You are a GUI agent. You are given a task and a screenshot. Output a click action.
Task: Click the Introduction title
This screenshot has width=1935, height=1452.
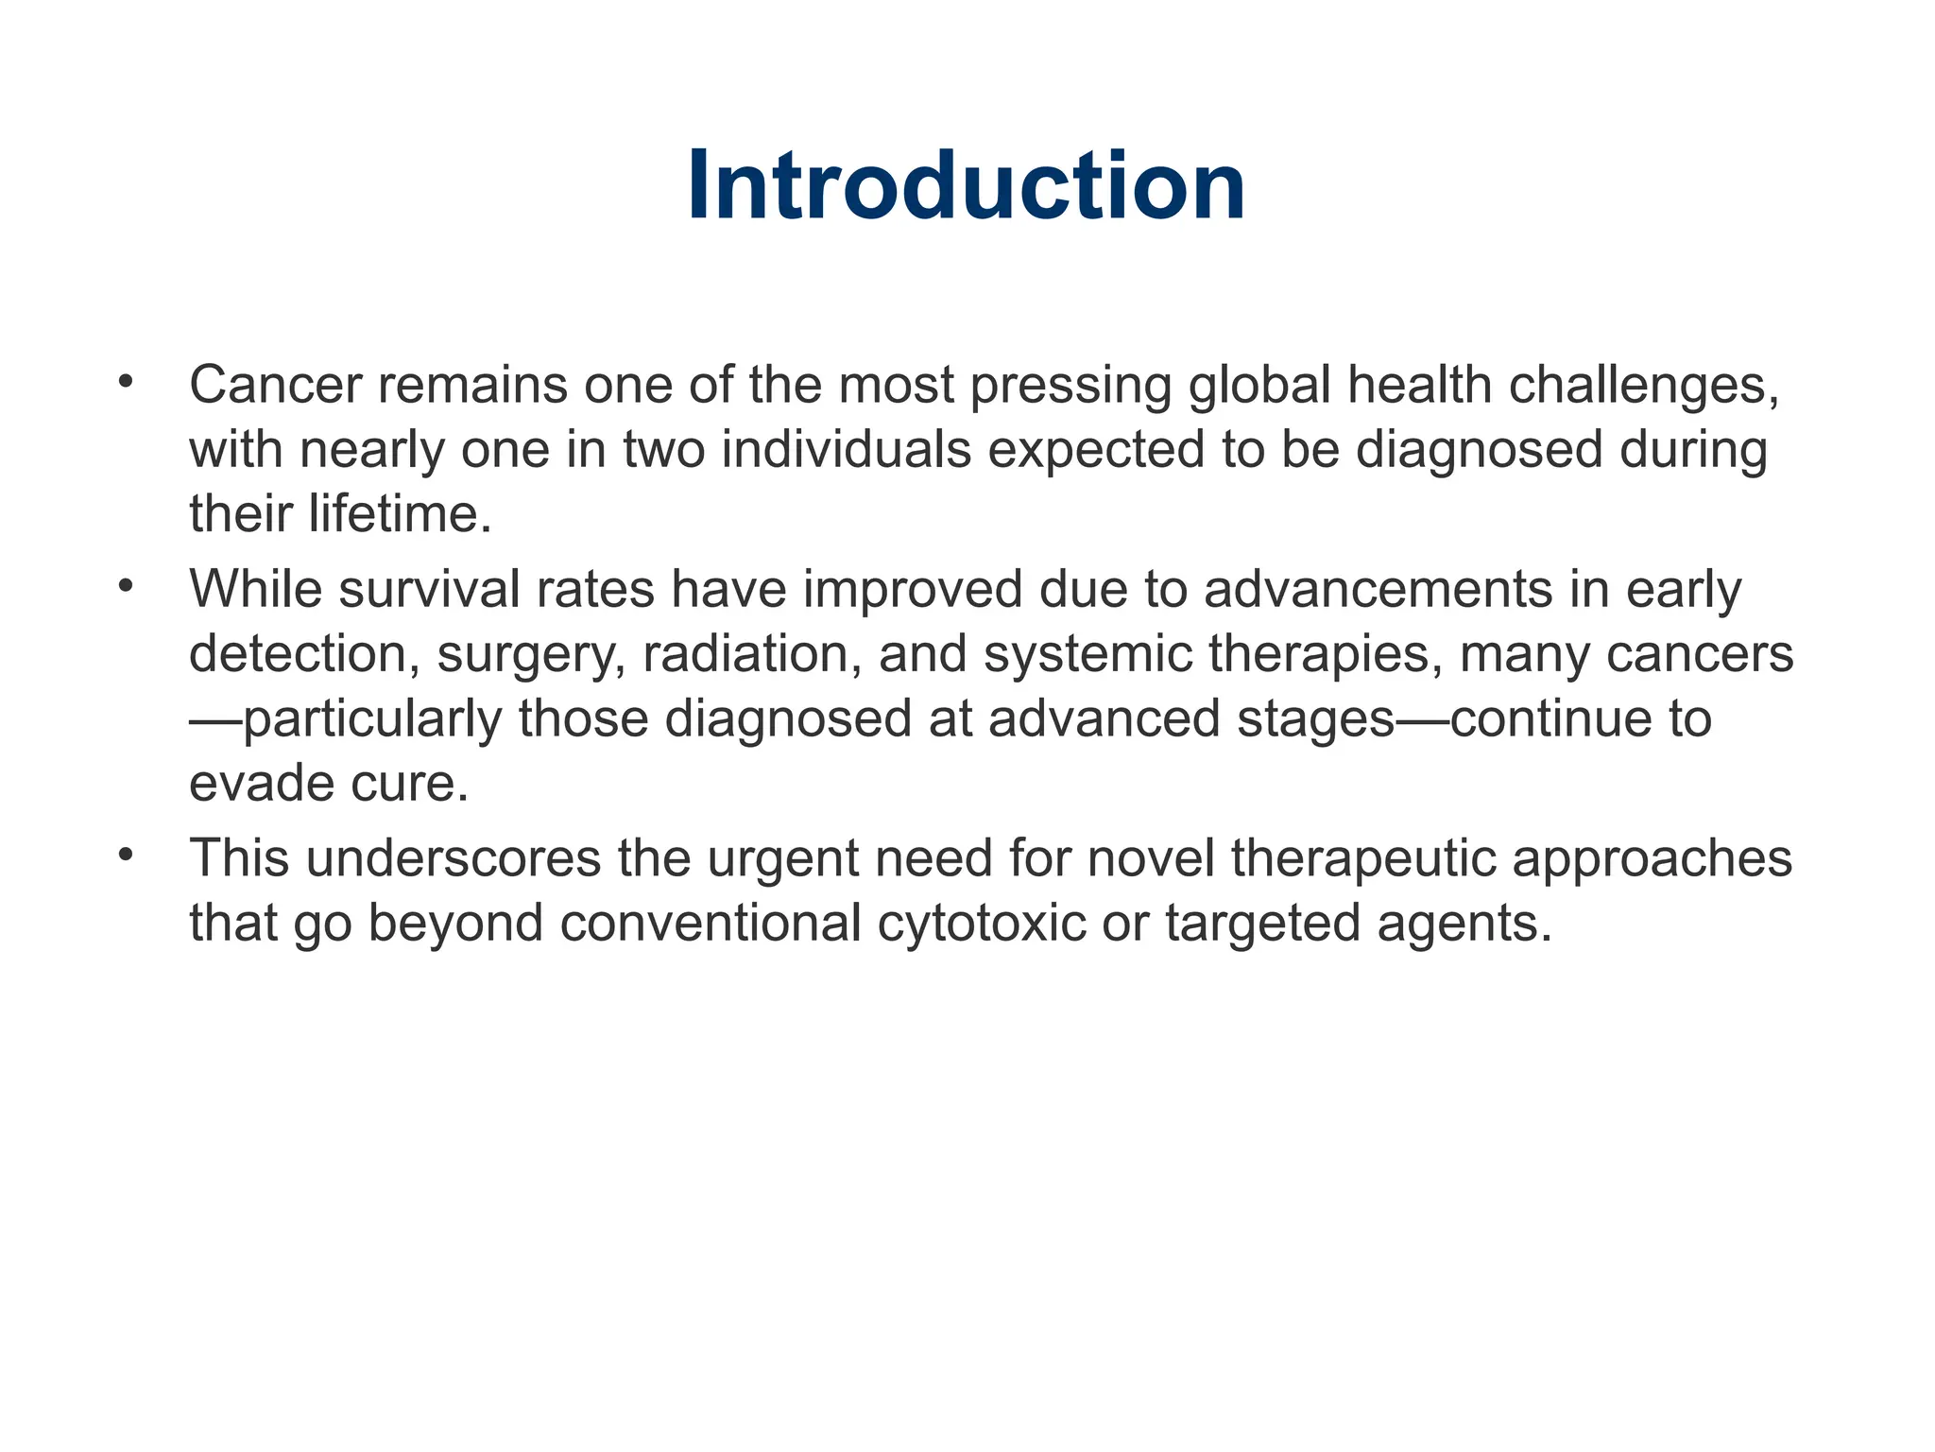pyautogui.click(x=966, y=186)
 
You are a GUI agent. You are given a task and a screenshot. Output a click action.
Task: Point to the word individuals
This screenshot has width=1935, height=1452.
pyautogui.click(x=847, y=450)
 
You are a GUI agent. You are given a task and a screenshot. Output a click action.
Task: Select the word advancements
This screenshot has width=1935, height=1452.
pyautogui.click(x=1378, y=590)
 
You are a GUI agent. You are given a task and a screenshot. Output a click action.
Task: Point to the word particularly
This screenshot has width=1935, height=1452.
pyautogui.click(x=372, y=719)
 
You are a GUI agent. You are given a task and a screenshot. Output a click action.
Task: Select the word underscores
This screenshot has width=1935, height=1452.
pyautogui.click(x=454, y=858)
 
